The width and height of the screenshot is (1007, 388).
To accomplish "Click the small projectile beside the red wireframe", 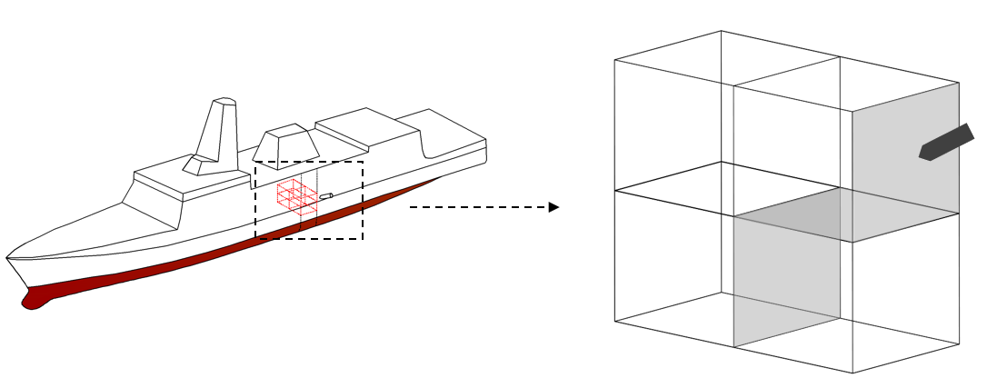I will [326, 195].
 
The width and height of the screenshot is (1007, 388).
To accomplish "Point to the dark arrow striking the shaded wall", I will [946, 144].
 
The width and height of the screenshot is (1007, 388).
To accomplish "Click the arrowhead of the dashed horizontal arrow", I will [553, 207].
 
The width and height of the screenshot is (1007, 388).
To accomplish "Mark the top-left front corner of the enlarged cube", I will [615, 60].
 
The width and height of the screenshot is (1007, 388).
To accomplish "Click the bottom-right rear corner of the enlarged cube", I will [959, 345].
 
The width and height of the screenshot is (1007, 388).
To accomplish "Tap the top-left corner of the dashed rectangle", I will [255, 162].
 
